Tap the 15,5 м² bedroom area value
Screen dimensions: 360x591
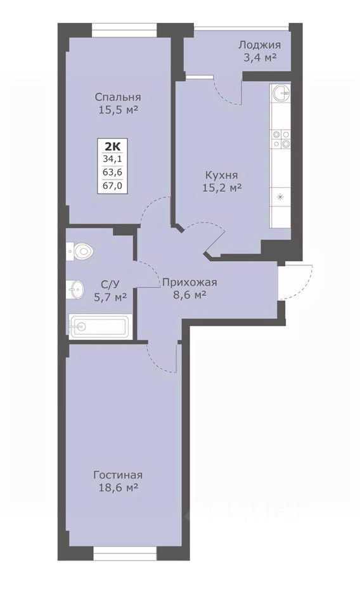tap(117, 110)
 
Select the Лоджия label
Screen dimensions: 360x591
tap(259, 45)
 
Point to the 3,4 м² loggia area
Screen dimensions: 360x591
tap(260, 58)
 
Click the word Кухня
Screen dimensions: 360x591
tap(221, 175)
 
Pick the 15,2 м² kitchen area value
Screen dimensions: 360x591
tap(222, 187)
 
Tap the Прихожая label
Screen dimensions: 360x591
tap(190, 282)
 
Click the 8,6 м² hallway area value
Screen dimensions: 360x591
tap(190, 295)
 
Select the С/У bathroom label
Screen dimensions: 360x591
tap(110, 284)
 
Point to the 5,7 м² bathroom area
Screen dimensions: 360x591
tap(110, 297)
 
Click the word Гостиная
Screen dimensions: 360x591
tap(118, 475)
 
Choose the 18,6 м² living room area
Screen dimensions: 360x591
tap(118, 488)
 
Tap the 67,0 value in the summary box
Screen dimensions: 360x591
tap(113, 185)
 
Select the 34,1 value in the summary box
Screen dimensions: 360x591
tap(113, 159)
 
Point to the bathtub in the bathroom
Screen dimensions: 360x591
tap(99, 327)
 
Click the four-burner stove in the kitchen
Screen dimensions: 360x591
tap(281, 138)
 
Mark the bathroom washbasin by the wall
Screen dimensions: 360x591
tap(75, 289)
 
